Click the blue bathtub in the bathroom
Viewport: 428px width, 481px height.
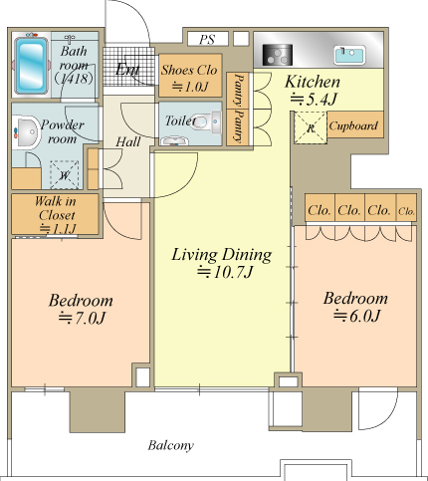(32, 66)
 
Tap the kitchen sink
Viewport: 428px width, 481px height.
(350, 55)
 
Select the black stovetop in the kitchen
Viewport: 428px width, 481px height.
(278, 55)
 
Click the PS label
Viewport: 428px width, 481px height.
(207, 39)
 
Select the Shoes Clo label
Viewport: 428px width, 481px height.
(189, 70)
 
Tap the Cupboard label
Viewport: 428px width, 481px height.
(353, 125)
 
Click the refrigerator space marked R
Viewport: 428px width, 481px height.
(311, 128)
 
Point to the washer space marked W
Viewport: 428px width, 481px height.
(65, 175)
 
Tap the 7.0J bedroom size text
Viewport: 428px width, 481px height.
(82, 318)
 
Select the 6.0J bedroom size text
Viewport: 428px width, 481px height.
(356, 316)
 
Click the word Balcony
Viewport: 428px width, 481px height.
(170, 445)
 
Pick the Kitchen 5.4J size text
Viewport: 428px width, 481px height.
(314, 100)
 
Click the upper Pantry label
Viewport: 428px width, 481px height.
(238, 90)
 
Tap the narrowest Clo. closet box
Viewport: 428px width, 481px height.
(406, 208)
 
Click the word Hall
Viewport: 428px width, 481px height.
(128, 142)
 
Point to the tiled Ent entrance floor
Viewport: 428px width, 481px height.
(128, 67)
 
